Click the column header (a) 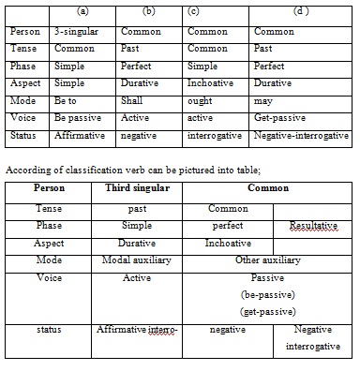[82, 12]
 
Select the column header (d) [300, 12]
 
